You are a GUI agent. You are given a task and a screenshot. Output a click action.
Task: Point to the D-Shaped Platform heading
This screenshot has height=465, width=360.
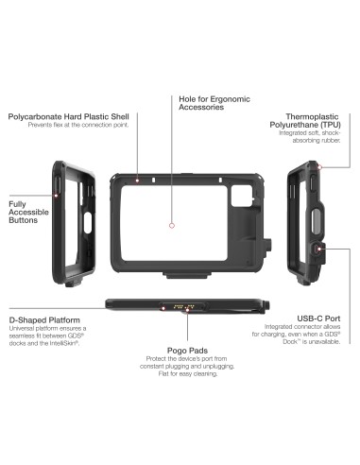click(48, 319)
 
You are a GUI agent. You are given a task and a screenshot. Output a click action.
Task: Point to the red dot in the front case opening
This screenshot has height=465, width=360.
click(170, 226)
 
